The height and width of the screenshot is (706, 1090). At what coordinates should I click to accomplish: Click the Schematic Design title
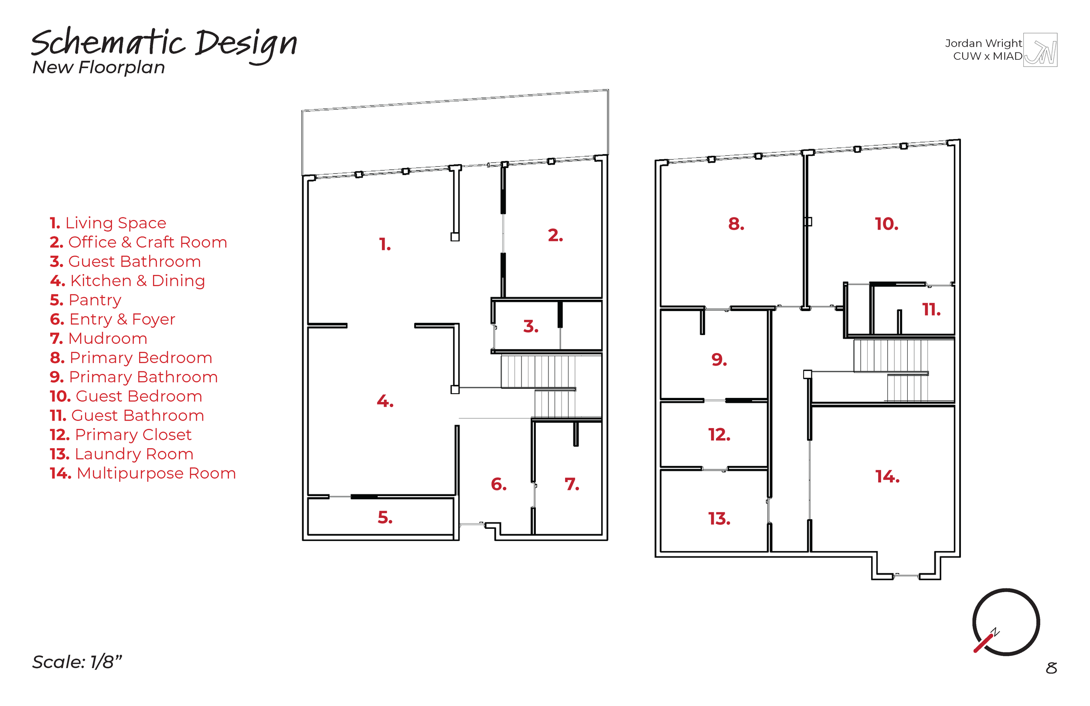pos(164,44)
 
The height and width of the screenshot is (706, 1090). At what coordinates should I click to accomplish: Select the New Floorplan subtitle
pos(99,67)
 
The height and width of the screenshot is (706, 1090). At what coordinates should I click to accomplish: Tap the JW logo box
pos(1040,50)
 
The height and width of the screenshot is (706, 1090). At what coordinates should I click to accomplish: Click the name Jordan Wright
pos(983,43)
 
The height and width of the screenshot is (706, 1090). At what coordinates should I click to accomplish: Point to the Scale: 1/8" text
pos(77,662)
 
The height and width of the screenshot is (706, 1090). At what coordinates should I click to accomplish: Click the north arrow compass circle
pos(1006,622)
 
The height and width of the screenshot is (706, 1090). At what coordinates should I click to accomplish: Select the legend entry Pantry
pos(85,300)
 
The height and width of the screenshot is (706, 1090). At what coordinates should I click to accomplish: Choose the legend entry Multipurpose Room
pos(143,473)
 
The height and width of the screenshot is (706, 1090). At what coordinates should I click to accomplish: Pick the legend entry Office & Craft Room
pos(138,242)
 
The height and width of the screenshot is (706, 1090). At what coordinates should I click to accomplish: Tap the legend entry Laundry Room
pos(121,454)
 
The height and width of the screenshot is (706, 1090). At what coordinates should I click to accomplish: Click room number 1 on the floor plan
pos(385,244)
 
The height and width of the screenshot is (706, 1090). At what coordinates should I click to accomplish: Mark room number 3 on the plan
pos(531,326)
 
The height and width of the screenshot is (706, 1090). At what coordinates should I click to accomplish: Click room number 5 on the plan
pos(385,518)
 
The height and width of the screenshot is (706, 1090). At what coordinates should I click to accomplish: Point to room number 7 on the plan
pos(572,484)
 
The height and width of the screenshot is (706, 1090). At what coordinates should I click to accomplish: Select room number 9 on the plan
pos(719,360)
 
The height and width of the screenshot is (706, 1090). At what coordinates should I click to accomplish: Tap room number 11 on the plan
pos(931,310)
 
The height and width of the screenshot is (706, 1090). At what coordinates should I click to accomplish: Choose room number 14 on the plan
pos(887,477)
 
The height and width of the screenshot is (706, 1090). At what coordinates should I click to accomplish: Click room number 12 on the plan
pos(719,435)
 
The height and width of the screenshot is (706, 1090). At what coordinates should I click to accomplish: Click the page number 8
pos(1051,668)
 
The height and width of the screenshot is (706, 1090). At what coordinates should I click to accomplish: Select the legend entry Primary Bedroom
pos(131,358)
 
